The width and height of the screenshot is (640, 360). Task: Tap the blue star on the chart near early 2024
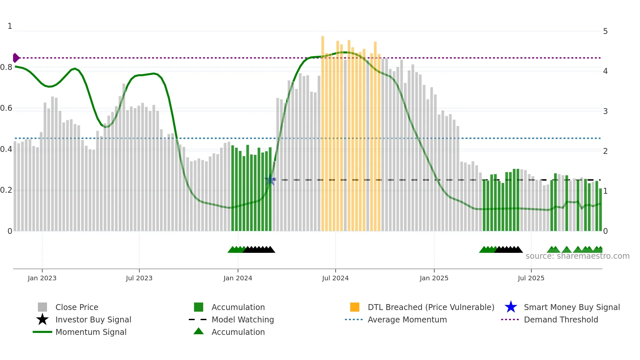click(270, 180)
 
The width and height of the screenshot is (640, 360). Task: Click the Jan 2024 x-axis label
click(238, 278)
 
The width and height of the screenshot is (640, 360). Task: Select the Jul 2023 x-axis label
click(139, 278)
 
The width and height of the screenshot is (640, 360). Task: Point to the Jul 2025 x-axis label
click(531, 278)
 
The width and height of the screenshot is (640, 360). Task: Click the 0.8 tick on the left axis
click(7, 67)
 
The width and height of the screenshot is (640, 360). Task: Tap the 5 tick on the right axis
click(605, 31)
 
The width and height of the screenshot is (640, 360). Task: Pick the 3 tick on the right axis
click(605, 111)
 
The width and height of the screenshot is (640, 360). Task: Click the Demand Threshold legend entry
click(561, 319)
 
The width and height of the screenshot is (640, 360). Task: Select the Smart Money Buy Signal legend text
click(572, 307)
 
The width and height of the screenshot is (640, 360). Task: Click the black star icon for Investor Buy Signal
click(42, 319)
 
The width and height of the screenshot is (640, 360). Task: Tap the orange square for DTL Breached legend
click(355, 307)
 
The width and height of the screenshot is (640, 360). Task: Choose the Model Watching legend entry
click(243, 319)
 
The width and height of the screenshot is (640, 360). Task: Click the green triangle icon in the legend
click(199, 331)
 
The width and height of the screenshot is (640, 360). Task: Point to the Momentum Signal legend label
click(91, 332)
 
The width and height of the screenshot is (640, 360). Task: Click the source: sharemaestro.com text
click(577, 256)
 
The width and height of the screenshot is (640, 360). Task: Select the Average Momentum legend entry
click(407, 319)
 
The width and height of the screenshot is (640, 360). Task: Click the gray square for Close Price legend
click(42, 307)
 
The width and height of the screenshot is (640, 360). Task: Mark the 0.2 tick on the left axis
click(7, 190)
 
